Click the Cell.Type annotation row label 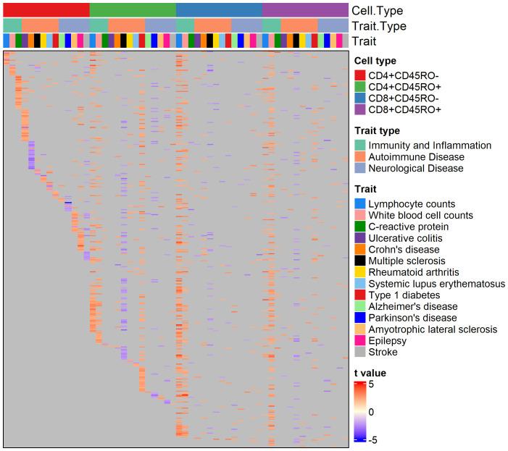click(377, 10)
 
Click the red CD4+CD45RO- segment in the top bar click(46, 9)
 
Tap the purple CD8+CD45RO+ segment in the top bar click(305, 9)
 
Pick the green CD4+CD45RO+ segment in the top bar click(133, 9)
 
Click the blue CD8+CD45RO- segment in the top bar click(219, 9)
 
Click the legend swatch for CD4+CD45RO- click(359, 75)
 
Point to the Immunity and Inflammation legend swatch click(359, 145)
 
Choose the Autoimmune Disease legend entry click(416, 156)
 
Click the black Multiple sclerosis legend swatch click(359, 261)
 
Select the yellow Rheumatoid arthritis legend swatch click(359, 272)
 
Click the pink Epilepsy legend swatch click(359, 341)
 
